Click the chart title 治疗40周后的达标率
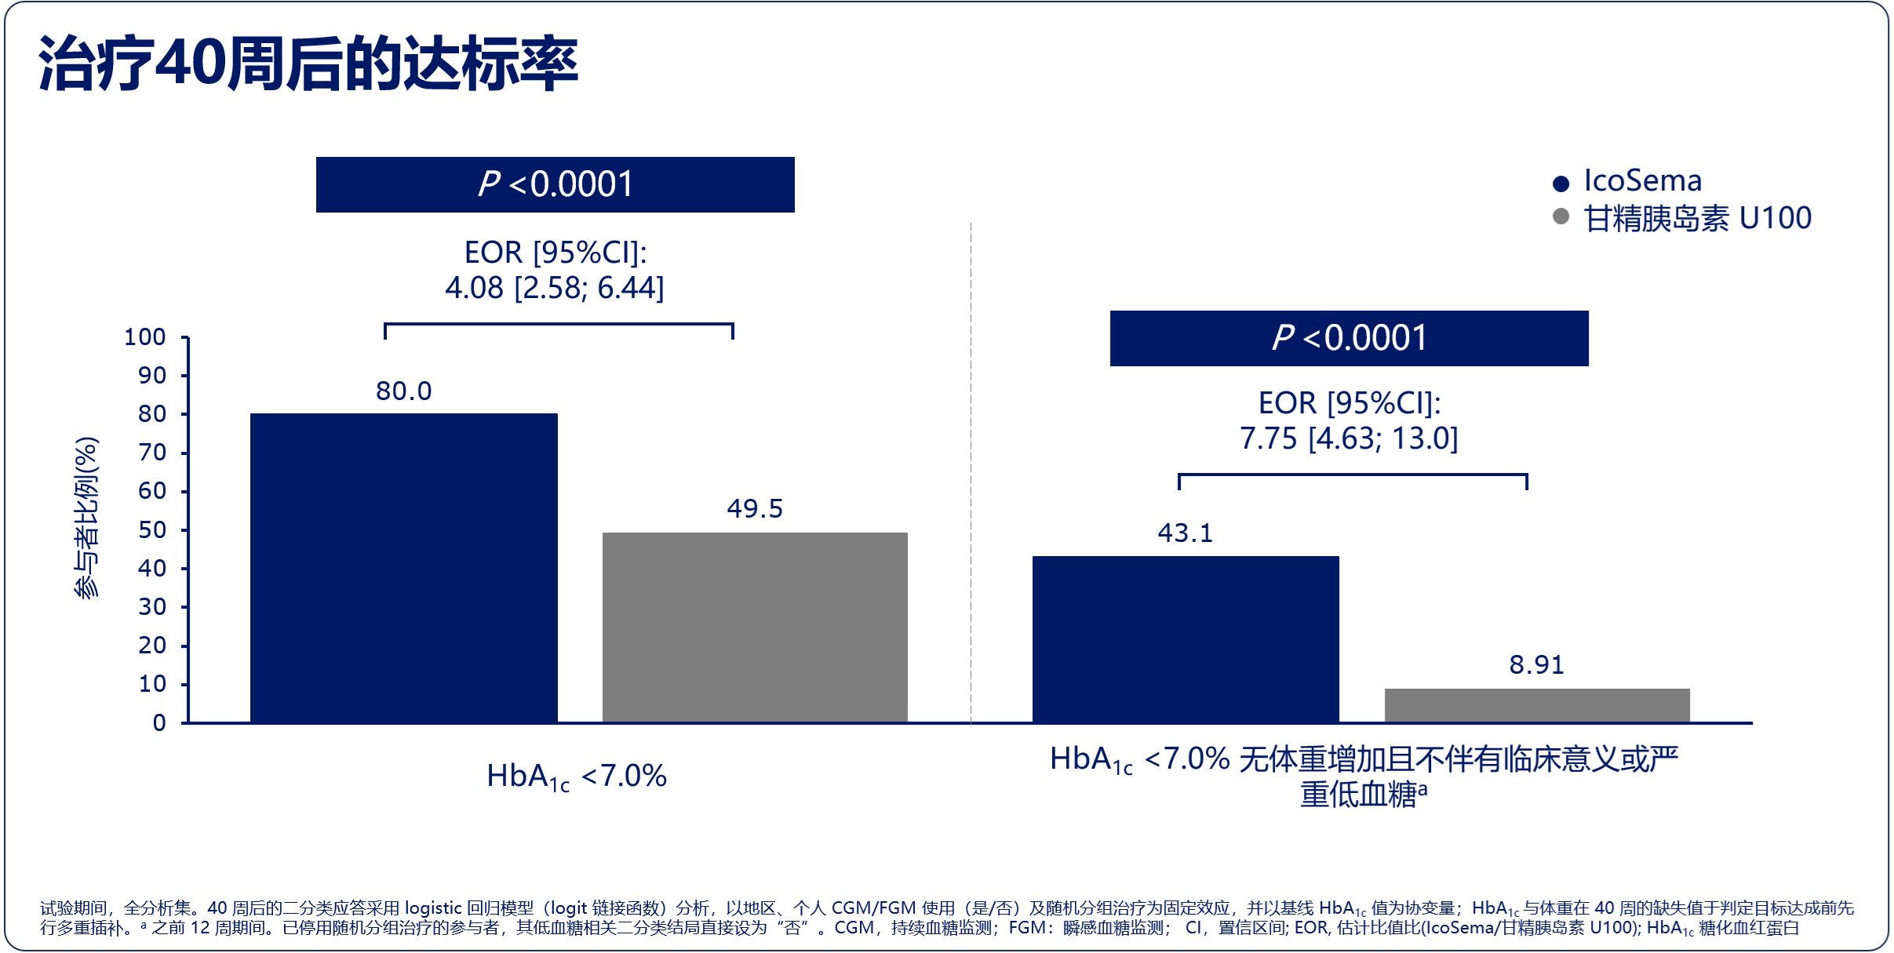point(308,64)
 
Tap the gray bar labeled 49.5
point(755,627)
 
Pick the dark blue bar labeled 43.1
point(1185,638)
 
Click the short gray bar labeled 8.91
point(1536,705)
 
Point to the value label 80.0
point(403,391)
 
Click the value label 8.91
point(1536,665)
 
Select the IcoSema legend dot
point(1561,184)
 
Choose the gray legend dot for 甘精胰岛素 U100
point(1561,216)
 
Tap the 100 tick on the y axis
point(145,337)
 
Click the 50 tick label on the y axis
point(152,530)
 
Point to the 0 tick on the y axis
point(159,722)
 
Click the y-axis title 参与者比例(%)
point(86,518)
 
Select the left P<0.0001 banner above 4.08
point(555,184)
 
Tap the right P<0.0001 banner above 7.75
point(1349,338)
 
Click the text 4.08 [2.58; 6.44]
point(555,288)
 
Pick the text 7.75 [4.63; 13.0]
point(1349,438)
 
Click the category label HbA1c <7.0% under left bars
point(577,777)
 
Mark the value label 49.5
point(755,508)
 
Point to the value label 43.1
point(1185,533)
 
